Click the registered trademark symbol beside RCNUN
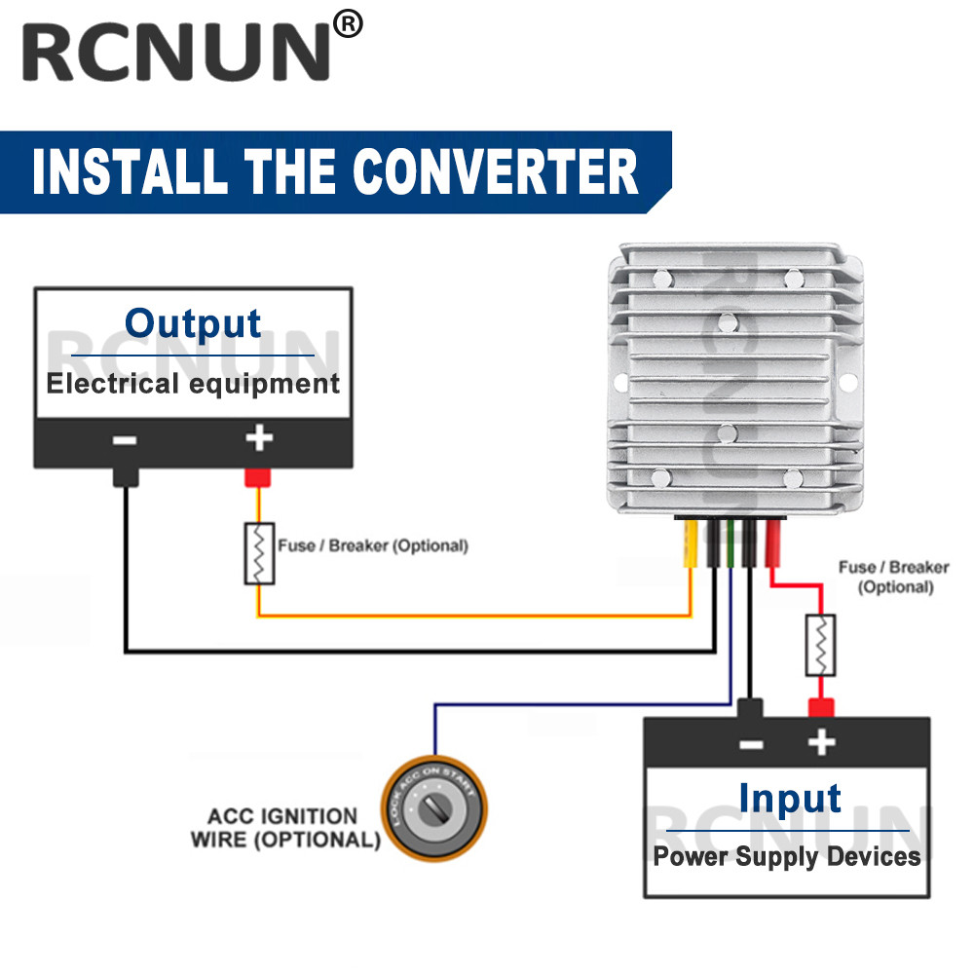[x=348, y=24]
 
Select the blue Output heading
[x=193, y=323]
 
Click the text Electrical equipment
[x=193, y=383]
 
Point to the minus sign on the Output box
[x=125, y=440]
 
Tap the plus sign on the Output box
[x=258, y=438]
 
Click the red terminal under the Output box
[x=258, y=477]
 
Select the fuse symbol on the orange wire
[x=259, y=553]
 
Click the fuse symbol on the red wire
[x=821, y=645]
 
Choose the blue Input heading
[x=789, y=798]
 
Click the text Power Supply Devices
[x=787, y=857]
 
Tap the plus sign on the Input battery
[x=822, y=743]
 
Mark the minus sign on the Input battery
[x=751, y=745]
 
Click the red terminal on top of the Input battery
[x=821, y=707]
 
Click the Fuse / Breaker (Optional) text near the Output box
[x=373, y=545]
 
